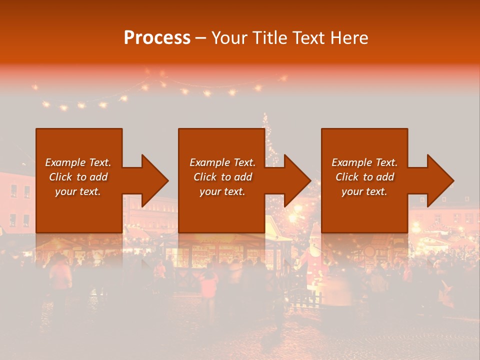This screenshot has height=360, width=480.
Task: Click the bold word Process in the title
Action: point(157,38)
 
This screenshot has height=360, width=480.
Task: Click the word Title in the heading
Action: point(267,38)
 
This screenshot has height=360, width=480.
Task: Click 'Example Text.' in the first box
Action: point(78,162)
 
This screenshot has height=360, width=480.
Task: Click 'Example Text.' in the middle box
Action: point(222,162)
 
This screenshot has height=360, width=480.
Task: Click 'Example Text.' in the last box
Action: point(364,162)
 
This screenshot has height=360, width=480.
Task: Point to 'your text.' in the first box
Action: point(78,191)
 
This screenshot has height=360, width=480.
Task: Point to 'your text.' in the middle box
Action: point(222,191)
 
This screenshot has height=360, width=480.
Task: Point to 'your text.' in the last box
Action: point(364,191)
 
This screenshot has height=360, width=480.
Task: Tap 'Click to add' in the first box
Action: point(78,177)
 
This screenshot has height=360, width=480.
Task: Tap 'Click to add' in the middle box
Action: point(222,177)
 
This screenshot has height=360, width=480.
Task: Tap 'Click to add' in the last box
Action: point(364,177)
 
